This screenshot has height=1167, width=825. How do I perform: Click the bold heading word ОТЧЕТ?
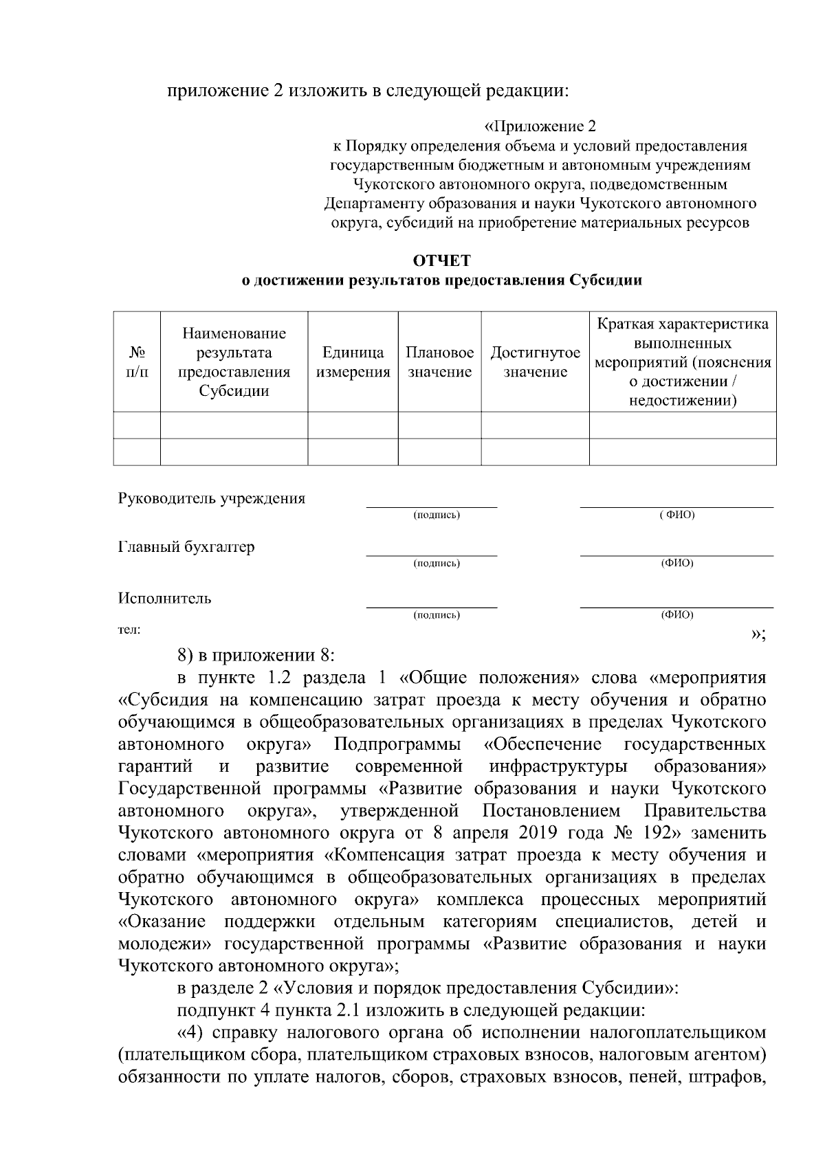click(x=442, y=261)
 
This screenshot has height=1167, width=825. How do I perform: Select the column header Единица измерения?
click(x=353, y=362)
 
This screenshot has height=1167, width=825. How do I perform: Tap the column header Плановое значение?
click(x=439, y=362)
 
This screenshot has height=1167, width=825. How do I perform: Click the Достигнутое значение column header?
click(x=535, y=362)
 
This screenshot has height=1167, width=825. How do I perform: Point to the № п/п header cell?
click(x=137, y=362)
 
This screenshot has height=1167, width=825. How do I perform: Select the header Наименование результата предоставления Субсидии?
click(x=234, y=362)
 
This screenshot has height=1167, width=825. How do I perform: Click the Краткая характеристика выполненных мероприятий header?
click(x=683, y=362)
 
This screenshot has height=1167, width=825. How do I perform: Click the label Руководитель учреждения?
click(x=211, y=499)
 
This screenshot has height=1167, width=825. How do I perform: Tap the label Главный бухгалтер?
click(x=186, y=547)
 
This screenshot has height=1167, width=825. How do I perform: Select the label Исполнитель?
click(x=165, y=598)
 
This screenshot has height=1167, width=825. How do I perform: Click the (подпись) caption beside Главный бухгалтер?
click(x=437, y=564)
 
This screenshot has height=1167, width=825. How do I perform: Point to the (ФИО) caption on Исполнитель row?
click(x=676, y=615)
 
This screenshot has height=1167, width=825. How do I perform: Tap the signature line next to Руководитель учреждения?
click(x=431, y=506)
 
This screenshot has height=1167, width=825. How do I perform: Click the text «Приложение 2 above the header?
click(x=540, y=126)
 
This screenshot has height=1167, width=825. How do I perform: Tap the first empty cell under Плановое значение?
click(x=439, y=425)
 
